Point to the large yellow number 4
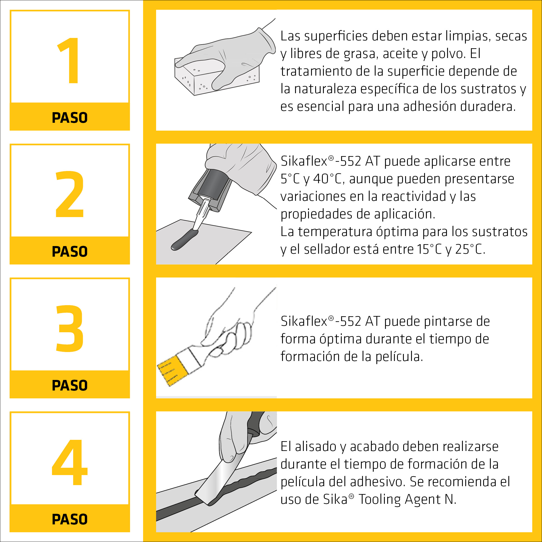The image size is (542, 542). point(70,462)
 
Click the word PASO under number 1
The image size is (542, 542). point(70,118)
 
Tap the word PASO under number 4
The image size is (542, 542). point(70,519)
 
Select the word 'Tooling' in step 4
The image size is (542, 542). point(380,500)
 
